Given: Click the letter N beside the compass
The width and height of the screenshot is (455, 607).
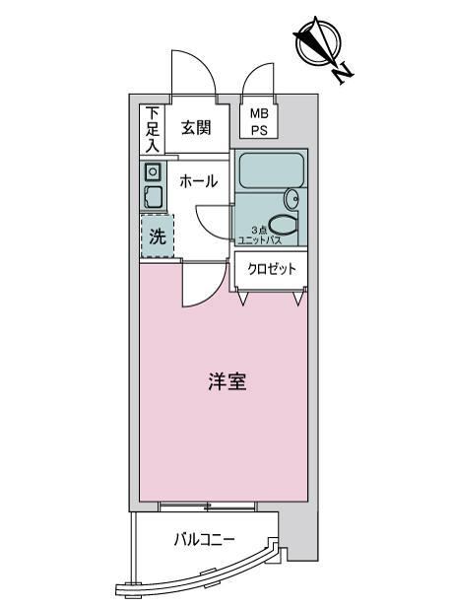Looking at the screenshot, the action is point(343,74).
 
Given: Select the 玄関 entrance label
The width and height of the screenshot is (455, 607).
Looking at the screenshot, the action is point(197,128).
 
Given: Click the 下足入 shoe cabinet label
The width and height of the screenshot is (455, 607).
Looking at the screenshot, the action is point(153,129).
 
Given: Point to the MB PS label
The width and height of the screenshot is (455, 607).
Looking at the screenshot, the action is point(259,122).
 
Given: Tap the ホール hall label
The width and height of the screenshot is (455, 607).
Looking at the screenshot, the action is point(199,180).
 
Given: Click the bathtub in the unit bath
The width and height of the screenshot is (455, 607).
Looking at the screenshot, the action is point(271,170).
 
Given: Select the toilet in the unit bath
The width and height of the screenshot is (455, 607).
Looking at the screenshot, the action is point(283,225).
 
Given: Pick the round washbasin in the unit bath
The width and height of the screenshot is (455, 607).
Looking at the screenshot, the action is point(292,199).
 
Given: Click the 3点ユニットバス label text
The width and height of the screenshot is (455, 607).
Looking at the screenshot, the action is point(260,236).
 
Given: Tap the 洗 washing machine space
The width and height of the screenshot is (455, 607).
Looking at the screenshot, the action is point(158,236).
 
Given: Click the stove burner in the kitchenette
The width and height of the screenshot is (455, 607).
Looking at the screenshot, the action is point(154,171).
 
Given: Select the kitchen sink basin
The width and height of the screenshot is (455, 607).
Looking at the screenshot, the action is point(154,198).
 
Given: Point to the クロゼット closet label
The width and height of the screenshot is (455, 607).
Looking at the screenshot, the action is point(272,269).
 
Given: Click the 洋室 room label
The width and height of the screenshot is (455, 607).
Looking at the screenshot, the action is point(227,381).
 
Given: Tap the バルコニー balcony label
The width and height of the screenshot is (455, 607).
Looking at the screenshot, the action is point(204,539).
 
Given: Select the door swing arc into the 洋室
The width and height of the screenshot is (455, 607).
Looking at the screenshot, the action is point(209,293).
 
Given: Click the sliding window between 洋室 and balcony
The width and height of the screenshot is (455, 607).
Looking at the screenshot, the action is point(208,506).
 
